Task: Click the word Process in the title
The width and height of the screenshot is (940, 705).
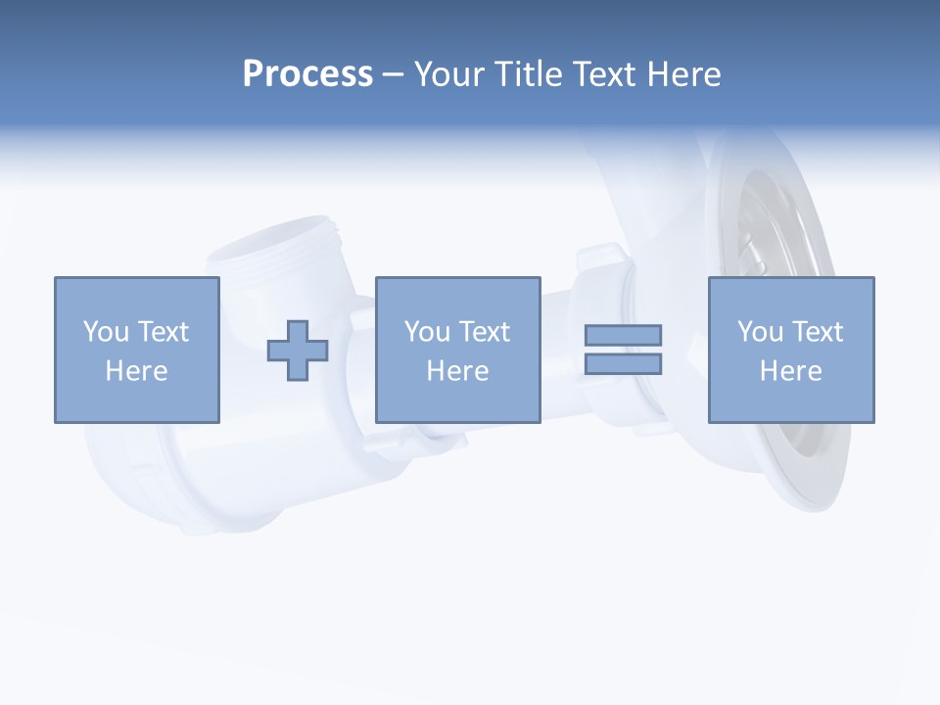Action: [x=307, y=74]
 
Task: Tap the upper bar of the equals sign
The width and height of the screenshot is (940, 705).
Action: [x=623, y=335]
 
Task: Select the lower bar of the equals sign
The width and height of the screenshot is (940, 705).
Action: [x=623, y=364]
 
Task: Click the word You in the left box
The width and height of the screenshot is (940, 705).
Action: [x=106, y=332]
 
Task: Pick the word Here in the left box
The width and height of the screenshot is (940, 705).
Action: [x=136, y=371]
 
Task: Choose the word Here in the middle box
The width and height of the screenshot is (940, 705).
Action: [x=457, y=371]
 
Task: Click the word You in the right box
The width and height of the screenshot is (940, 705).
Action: [x=760, y=332]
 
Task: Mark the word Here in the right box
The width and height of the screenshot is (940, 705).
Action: [x=790, y=371]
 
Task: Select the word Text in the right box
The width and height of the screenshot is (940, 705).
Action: [x=817, y=332]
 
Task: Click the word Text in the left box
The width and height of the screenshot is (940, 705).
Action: [x=163, y=332]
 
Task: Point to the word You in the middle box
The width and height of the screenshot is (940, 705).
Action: [x=427, y=332]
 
